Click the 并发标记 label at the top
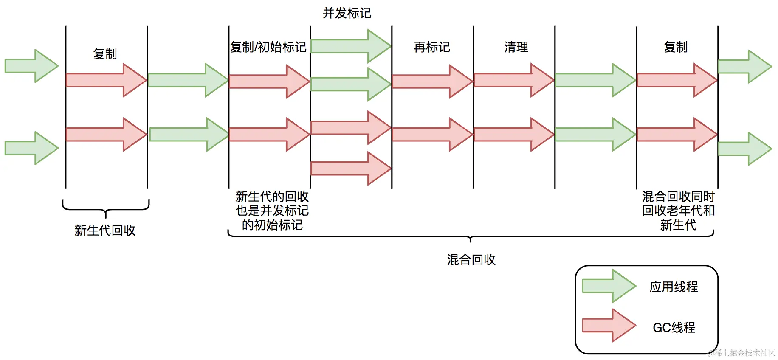pyautogui.click(x=347, y=13)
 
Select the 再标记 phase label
pyautogui.click(x=431, y=47)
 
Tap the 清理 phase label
pyautogui.click(x=516, y=47)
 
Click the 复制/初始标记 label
pyautogui.click(x=268, y=47)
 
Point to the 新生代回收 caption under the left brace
pyautogui.click(x=105, y=231)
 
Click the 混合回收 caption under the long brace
pyautogui.click(x=471, y=260)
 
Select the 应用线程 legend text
pyautogui.click(x=673, y=287)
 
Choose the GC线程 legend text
pyautogui.click(x=674, y=328)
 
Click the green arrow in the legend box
pyautogui.click(x=609, y=286)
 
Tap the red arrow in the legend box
pyautogui.click(x=609, y=326)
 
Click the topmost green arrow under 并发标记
pyautogui.click(x=350, y=46)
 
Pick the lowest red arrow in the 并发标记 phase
pyautogui.click(x=350, y=168)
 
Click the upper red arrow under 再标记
pyautogui.click(x=432, y=81)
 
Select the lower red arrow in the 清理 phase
pyautogui.click(x=513, y=135)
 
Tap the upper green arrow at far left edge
pyautogui.click(x=31, y=66)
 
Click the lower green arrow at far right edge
pyautogui.click(x=744, y=149)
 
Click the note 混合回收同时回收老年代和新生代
pyautogui.click(x=678, y=211)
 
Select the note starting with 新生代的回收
pyautogui.click(x=272, y=211)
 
